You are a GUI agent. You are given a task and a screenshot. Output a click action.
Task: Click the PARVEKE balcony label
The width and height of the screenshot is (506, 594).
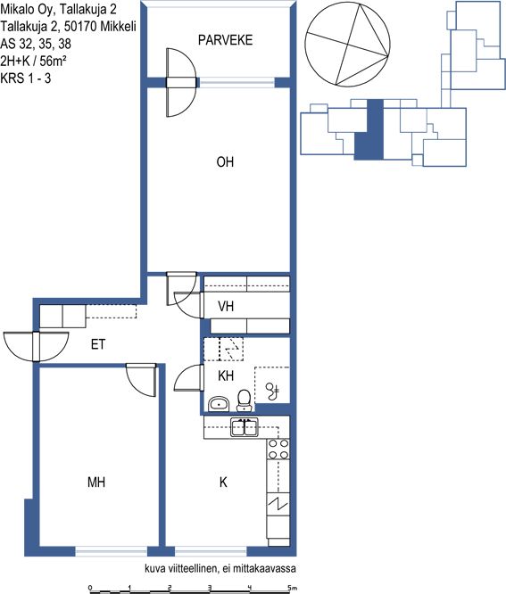point(225,40)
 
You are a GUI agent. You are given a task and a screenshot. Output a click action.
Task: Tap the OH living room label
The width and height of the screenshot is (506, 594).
point(225,162)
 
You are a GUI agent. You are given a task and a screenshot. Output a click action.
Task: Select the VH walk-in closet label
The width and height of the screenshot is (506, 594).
point(226,306)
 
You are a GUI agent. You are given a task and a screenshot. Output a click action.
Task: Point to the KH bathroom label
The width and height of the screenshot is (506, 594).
point(226,375)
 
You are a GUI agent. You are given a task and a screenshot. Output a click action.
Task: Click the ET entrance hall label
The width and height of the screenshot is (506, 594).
point(98,344)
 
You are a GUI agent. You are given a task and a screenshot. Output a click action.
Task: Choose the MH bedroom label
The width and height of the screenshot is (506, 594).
point(96,483)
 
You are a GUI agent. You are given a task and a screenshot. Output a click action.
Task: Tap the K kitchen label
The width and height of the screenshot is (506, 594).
point(223,483)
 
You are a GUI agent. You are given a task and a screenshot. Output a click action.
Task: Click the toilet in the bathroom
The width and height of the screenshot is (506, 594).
point(245,400)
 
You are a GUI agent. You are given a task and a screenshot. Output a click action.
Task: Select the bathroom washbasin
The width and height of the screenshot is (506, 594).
point(219,403)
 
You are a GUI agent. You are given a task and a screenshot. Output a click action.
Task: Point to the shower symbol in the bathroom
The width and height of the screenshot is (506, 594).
point(272,391)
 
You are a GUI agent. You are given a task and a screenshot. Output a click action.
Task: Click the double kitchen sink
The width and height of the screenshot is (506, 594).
point(245,427)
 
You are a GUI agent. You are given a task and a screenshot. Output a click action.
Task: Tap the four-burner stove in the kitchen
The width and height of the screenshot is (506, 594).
point(278,449)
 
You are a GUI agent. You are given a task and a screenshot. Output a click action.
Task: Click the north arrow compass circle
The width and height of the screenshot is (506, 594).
point(347,45)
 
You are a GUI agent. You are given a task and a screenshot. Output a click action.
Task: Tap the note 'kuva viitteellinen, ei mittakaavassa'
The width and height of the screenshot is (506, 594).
point(220,568)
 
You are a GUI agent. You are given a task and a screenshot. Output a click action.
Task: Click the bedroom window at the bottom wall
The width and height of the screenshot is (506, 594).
point(112,551)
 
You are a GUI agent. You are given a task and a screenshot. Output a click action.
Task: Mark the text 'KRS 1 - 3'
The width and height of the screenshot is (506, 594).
point(26,78)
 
